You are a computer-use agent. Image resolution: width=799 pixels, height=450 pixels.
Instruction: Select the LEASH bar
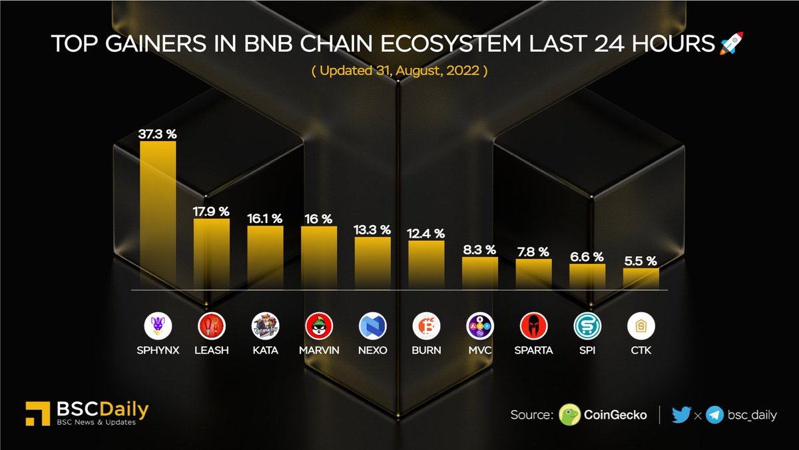click(x=212, y=254)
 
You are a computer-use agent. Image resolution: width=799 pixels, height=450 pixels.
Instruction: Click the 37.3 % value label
click(x=158, y=134)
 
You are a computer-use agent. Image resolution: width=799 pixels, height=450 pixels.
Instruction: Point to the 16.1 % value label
click(x=265, y=218)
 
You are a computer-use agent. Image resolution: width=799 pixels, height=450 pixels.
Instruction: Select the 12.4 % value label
click(x=426, y=234)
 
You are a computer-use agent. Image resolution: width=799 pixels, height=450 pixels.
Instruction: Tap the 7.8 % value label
click(x=533, y=252)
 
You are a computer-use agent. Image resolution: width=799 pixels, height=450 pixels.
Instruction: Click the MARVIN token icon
click(x=319, y=326)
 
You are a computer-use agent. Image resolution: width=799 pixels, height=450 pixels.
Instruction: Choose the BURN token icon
click(x=426, y=326)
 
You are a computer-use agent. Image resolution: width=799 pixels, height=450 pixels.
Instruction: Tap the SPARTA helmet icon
click(x=533, y=326)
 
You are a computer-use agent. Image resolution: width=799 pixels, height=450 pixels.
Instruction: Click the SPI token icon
click(x=587, y=326)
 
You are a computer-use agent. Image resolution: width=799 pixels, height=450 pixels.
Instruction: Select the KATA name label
click(x=265, y=350)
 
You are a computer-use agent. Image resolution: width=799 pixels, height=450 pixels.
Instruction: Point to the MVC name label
click(x=479, y=350)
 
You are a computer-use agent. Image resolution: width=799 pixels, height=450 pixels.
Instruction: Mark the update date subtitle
click(x=400, y=71)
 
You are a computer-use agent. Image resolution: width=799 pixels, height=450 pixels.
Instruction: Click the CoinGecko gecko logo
click(x=570, y=415)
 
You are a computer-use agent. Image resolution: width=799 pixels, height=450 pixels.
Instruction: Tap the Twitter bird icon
click(x=681, y=415)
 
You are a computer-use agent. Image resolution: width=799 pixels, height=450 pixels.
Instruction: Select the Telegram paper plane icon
click(x=715, y=415)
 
